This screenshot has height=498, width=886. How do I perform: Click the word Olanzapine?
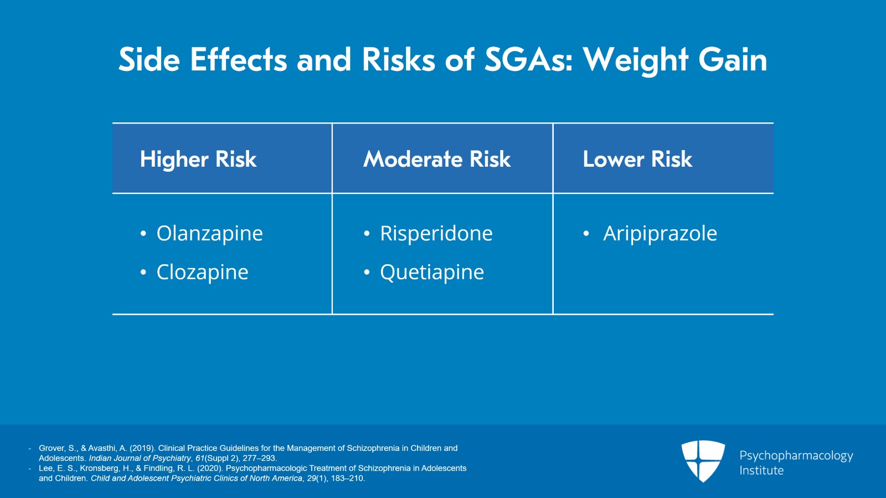point(209,234)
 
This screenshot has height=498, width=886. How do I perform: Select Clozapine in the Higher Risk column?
point(202,273)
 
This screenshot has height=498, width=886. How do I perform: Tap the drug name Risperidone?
point(436,234)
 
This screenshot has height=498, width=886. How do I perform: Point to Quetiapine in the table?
point(431,273)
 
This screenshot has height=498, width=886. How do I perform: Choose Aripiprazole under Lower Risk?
point(660,234)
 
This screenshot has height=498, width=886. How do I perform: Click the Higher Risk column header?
point(198,160)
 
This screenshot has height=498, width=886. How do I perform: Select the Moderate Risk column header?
point(437,160)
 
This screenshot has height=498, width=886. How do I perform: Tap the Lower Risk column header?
point(637,160)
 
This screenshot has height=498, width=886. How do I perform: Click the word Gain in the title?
point(733,59)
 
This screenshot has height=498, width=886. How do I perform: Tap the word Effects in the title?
point(238,59)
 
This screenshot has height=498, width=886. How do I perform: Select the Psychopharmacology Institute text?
point(796,463)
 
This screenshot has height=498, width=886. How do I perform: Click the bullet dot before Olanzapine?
point(143,234)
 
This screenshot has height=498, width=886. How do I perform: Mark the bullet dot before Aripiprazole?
point(586,234)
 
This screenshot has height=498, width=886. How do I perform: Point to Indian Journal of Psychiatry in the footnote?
point(140,458)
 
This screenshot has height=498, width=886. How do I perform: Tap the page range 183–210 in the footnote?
point(347,478)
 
